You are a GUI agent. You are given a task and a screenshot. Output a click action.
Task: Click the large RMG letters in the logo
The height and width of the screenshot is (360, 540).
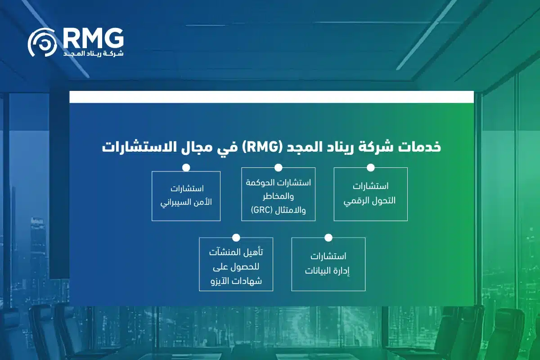coord(93,39)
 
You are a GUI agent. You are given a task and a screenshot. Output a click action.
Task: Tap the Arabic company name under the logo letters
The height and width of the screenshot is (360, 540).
coord(93,54)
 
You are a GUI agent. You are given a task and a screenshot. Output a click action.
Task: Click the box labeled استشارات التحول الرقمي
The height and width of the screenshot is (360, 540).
coord(370,194)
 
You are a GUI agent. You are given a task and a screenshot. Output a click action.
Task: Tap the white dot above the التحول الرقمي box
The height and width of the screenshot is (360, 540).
coord(370,167)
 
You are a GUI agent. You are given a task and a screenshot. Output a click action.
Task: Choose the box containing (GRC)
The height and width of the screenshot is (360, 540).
coord(278,194)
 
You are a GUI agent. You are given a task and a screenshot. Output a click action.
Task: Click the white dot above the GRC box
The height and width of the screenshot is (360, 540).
coord(278,167)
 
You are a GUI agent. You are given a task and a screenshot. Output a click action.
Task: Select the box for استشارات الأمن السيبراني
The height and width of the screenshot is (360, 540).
coord(186,196)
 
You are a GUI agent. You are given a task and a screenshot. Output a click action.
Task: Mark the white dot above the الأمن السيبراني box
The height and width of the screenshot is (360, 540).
coord(186,167)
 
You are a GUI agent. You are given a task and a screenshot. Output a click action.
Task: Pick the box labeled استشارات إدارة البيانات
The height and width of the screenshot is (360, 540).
coord(328,264)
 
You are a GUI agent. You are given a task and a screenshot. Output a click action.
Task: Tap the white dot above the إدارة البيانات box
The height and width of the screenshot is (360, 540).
coord(328,238)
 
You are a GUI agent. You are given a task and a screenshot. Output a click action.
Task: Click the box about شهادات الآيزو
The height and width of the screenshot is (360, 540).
coord(236,264)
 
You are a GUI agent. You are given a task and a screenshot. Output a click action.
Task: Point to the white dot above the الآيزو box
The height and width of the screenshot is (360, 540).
coord(236,238)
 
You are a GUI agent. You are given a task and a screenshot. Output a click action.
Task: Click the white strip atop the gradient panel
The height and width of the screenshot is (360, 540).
coord(271,97)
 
